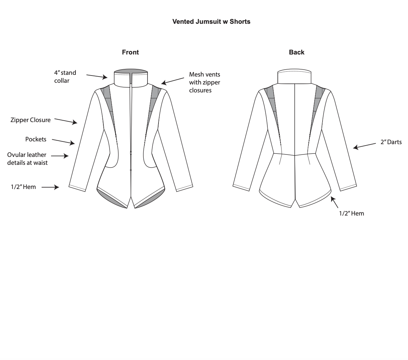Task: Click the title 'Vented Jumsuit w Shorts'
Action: tap(211, 22)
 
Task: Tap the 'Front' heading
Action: tap(130, 52)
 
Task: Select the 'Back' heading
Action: tap(296, 52)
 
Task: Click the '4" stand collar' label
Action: tap(65, 77)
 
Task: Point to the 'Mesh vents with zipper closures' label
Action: tap(204, 82)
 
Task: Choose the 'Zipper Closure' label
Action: tap(30, 120)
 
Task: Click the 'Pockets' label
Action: tap(36, 139)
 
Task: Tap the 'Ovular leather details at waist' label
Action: tap(27, 159)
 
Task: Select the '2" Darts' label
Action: tap(391, 142)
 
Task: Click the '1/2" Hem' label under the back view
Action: tap(351, 213)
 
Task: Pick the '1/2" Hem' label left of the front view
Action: tap(23, 187)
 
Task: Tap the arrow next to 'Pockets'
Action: tap(63, 141)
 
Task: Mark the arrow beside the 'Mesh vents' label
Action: tap(173, 81)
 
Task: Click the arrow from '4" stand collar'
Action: tap(97, 76)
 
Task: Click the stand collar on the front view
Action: tap(131, 79)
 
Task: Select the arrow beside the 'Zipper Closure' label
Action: tap(66, 121)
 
